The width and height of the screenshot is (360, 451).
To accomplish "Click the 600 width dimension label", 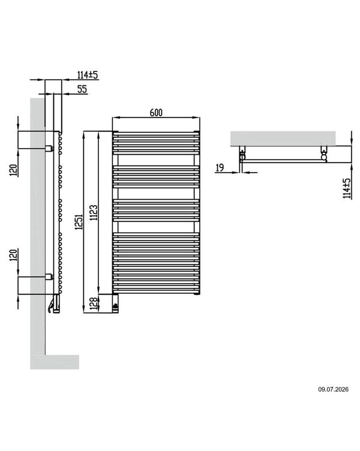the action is coord(156,113).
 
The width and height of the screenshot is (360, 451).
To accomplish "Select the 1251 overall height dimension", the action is coord(79,221).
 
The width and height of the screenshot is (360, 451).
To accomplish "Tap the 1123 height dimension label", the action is coord(94,212).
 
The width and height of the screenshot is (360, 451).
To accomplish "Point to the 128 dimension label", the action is coord(94,303).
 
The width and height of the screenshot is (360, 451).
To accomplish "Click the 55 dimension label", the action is coord(82,89).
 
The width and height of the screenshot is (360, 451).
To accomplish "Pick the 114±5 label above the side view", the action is coord(88,75).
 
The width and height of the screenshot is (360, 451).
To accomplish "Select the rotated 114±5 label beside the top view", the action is coord(347,188).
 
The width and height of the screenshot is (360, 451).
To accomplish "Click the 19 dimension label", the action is coord(220,168).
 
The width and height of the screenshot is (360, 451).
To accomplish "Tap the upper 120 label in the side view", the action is coord(14,170).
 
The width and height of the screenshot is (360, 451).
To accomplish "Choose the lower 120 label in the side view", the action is coord(14,255).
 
